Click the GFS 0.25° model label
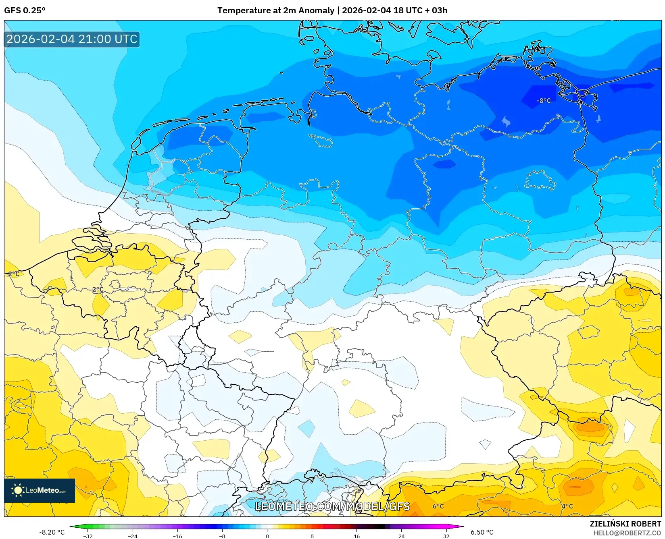(x=25, y=10)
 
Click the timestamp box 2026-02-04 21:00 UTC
(x=72, y=39)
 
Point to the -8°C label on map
(x=544, y=101)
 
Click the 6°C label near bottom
(x=438, y=506)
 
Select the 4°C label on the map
(x=567, y=506)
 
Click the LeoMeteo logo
(x=40, y=490)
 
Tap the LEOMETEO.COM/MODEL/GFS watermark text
(x=332, y=506)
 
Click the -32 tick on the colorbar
(x=88, y=536)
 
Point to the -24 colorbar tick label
(x=133, y=536)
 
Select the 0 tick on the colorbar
(x=267, y=536)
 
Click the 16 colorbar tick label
(x=356, y=536)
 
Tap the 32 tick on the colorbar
(x=446, y=536)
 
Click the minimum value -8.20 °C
(x=52, y=532)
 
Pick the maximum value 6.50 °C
(x=482, y=532)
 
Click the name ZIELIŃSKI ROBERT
(x=625, y=524)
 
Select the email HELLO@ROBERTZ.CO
(x=627, y=533)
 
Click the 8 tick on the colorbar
(x=312, y=536)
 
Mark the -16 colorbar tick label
(x=177, y=536)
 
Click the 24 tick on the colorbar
(x=401, y=536)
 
